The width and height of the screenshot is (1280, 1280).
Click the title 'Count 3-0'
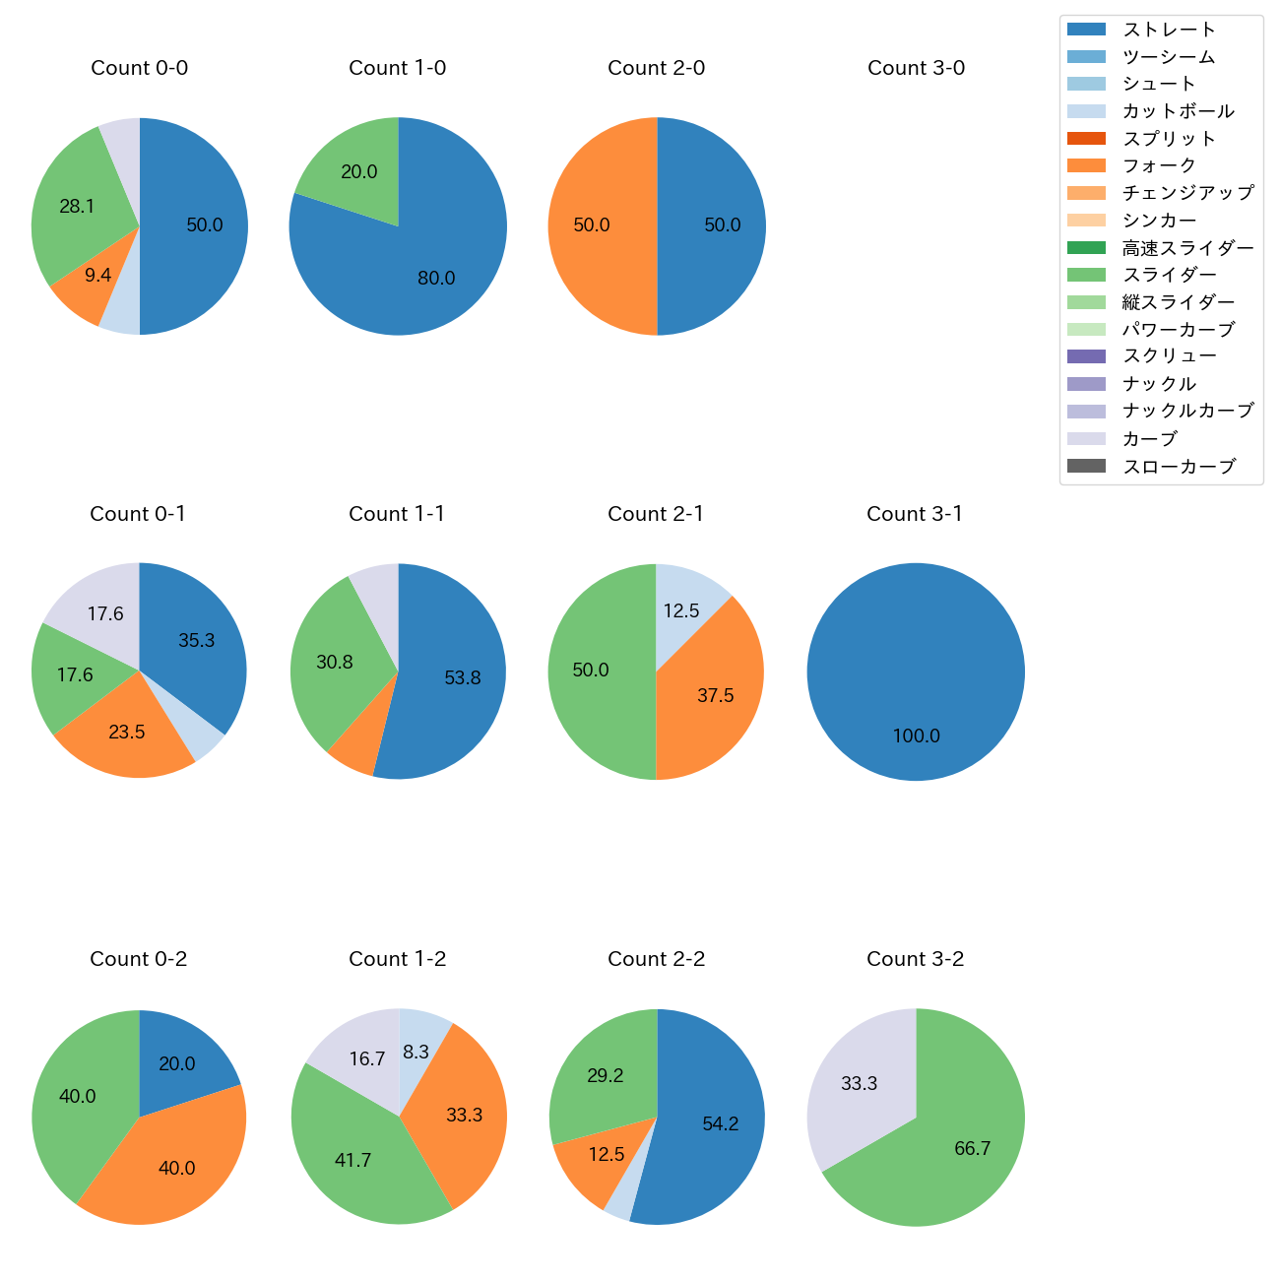pos(916,68)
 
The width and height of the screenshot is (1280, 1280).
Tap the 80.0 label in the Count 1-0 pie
pos(436,279)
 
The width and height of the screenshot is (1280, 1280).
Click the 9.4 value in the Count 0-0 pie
pos(97,276)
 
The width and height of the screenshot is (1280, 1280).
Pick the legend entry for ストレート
pos(1169,30)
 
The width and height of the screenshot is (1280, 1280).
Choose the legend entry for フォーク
pos(1159,165)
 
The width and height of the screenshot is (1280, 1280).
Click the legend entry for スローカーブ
pos(1179,467)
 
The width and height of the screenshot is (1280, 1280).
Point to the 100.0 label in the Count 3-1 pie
pos(916,736)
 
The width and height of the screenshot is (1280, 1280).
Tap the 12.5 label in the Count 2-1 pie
pos(680,611)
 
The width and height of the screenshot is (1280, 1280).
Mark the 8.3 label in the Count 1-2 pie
pos(416,1053)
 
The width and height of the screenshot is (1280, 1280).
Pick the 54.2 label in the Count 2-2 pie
pos(721,1124)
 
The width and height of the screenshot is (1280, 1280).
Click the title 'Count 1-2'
pos(398,959)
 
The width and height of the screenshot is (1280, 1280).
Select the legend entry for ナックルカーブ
pos(1188,412)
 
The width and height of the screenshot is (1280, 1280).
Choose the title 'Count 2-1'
pos(656,514)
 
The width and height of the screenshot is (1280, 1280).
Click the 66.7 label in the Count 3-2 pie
pos(972,1149)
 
